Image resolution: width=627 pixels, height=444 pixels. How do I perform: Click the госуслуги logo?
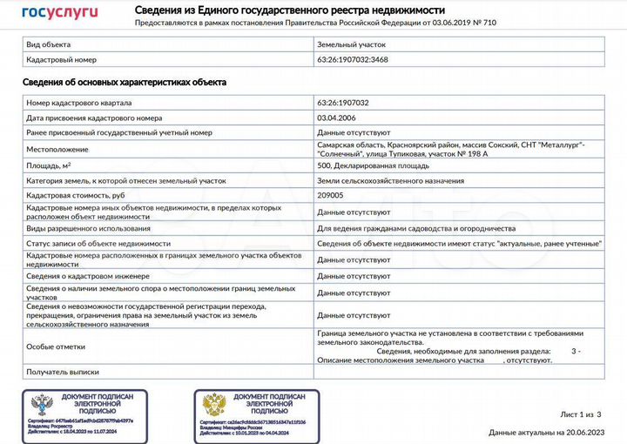(59, 11)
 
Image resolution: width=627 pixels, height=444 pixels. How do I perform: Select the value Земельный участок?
(350, 43)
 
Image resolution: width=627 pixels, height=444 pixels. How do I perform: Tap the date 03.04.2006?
(337, 118)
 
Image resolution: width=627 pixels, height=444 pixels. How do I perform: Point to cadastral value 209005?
(331, 195)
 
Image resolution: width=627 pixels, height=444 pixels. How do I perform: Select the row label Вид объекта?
(50, 43)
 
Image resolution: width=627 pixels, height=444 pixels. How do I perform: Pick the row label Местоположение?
(57, 149)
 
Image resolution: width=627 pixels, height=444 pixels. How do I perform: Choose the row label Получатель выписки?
(64, 372)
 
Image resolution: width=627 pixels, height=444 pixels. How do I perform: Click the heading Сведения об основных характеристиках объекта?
(125, 82)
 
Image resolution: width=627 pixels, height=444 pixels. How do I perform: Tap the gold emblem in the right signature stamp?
(213, 405)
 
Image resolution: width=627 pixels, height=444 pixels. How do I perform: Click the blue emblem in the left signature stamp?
(41, 405)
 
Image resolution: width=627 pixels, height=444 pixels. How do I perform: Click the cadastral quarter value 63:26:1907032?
(343, 103)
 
